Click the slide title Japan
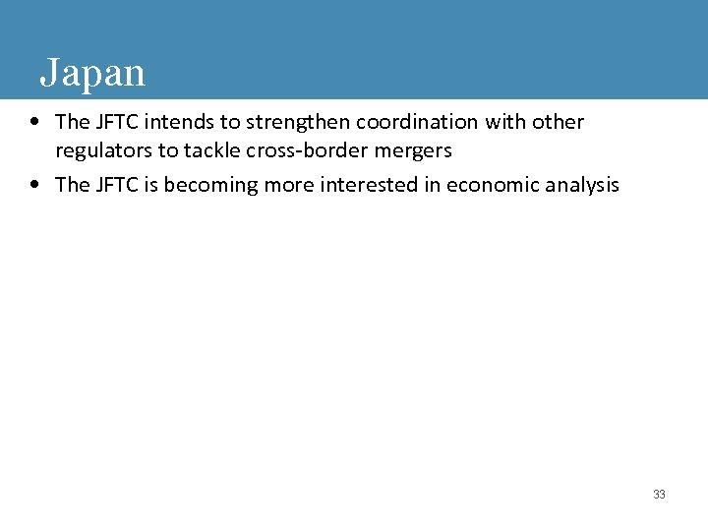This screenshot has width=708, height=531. click(x=92, y=73)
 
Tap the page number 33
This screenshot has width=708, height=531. click(x=659, y=495)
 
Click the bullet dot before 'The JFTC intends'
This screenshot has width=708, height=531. click(x=35, y=123)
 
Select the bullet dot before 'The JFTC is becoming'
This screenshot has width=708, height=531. click(x=35, y=185)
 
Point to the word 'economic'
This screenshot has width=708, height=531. click(x=491, y=185)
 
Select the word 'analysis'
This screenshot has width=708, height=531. click(x=581, y=185)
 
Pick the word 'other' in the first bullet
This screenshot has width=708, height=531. click(x=558, y=123)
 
